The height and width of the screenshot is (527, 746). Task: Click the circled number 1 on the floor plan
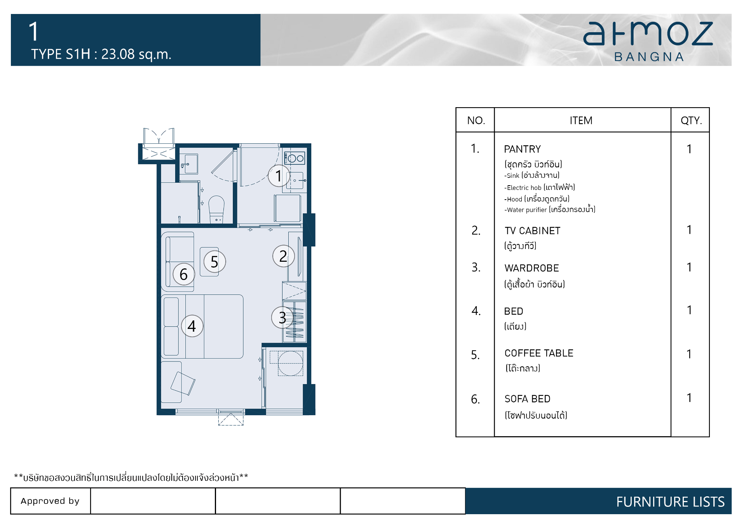279,176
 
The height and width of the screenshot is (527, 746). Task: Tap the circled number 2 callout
284,256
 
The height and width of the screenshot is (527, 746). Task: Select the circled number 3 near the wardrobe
282,318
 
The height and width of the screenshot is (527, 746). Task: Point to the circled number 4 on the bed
192,326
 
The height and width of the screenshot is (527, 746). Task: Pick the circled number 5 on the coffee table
214,262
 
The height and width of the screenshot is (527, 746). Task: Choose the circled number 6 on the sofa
184,274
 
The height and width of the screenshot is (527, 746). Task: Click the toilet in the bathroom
216,209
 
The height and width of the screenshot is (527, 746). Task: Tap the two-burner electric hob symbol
295,158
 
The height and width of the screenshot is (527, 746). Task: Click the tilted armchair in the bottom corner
183,383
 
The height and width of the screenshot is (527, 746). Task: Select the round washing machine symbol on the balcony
291,363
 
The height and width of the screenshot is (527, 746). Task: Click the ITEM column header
581,120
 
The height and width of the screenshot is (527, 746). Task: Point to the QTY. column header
691,120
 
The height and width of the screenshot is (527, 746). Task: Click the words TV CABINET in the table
532,231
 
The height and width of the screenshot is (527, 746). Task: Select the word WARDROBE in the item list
532,268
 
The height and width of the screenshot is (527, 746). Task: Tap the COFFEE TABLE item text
539,353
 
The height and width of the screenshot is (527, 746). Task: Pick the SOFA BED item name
527,399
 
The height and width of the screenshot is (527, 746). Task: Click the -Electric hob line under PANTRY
540,188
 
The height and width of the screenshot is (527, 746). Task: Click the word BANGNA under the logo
649,57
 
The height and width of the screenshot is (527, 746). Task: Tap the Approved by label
50,501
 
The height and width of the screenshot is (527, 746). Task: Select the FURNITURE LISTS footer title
670,502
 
